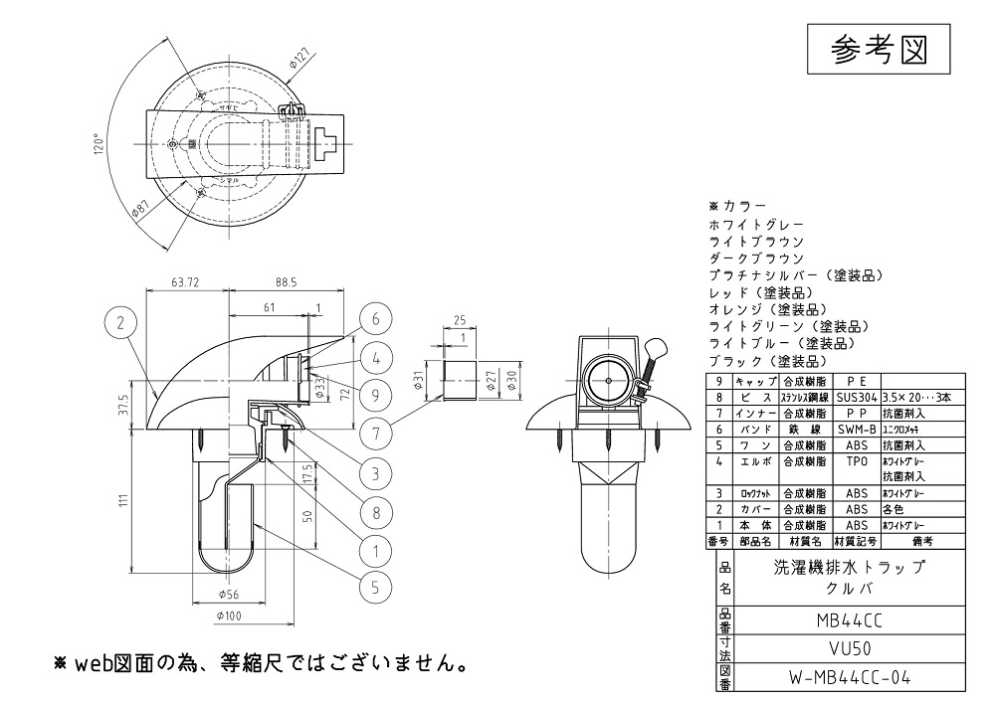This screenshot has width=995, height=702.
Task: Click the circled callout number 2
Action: (120, 322)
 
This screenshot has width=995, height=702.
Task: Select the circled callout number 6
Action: (376, 319)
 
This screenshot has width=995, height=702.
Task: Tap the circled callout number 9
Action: (376, 394)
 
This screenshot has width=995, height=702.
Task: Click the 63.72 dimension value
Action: (186, 283)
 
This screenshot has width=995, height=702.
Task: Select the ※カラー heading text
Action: (737, 206)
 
